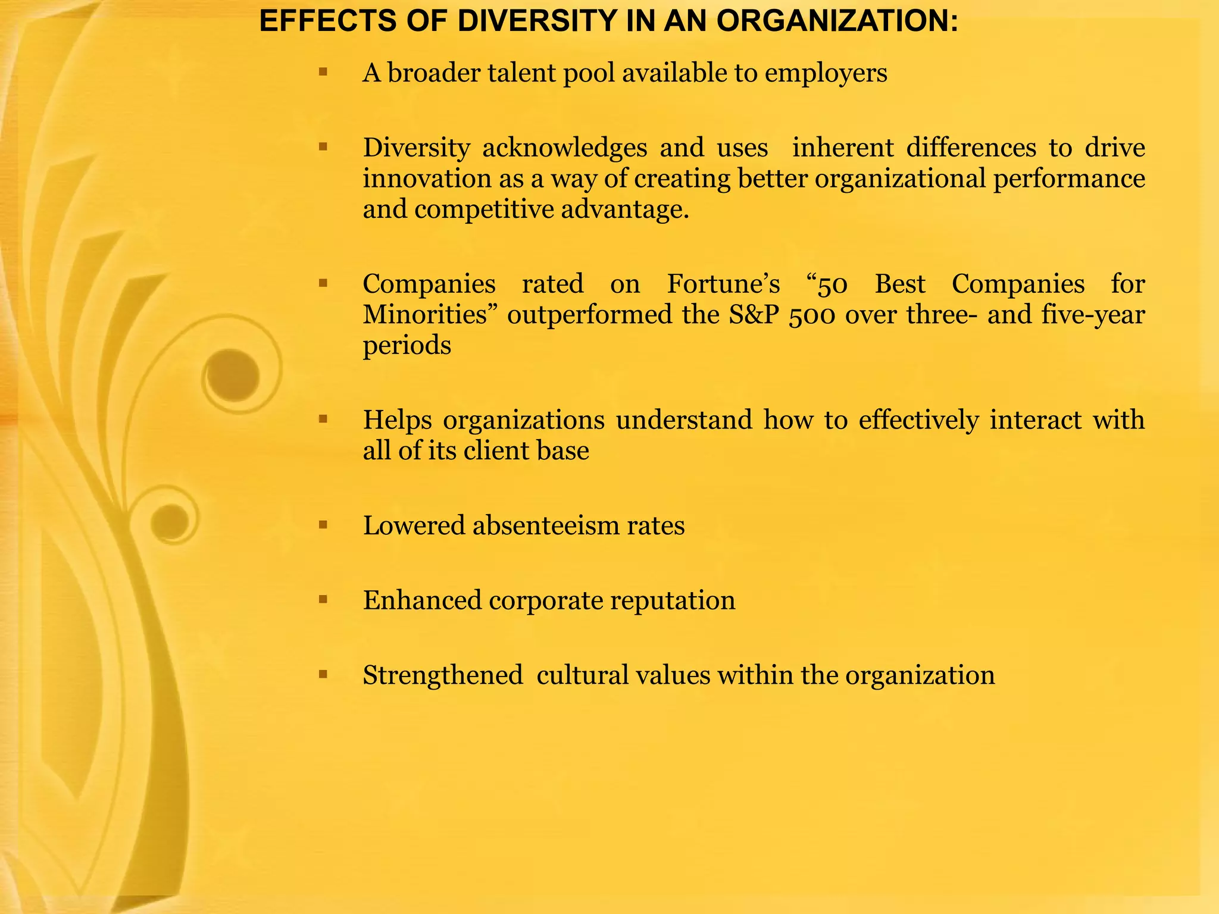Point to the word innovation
[427, 179]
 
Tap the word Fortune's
[723, 284]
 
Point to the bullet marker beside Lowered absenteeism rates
[323, 525]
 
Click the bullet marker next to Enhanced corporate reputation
[323, 599]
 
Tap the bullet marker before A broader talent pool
[323, 73]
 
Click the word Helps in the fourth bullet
[397, 420]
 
